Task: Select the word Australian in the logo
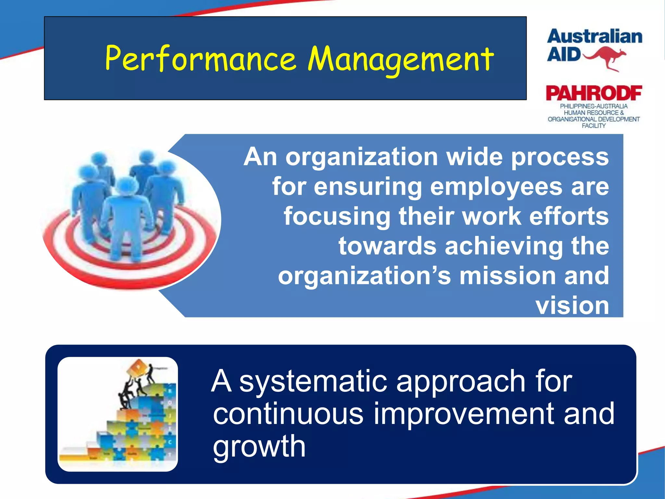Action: click(595, 36)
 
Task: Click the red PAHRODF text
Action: click(594, 93)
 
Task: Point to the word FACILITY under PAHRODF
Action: click(594, 126)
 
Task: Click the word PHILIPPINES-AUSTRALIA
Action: click(594, 106)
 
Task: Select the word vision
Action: click(572, 305)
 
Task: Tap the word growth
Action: click(259, 446)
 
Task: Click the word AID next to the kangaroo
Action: click(564, 54)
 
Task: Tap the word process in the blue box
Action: click(560, 157)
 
